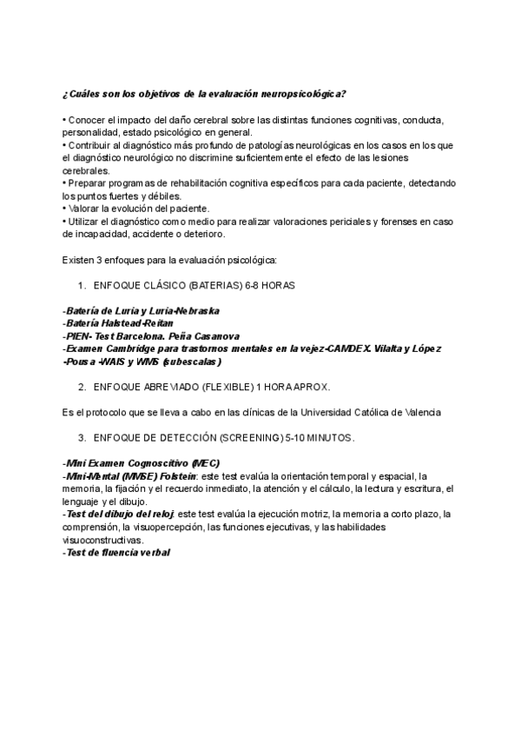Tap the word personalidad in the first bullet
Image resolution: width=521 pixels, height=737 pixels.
[x=92, y=132]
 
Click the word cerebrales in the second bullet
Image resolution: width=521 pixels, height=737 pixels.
[x=86, y=171]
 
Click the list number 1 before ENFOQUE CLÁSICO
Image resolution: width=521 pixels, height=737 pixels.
[x=81, y=285]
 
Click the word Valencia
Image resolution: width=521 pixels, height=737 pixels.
[x=419, y=411]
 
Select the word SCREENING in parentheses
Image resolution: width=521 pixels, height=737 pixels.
[x=245, y=436]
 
